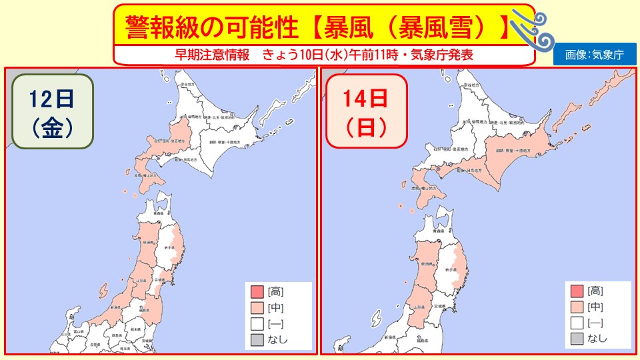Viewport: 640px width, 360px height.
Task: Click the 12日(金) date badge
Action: pos(51,113)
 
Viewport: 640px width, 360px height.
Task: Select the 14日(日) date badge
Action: pos(365,112)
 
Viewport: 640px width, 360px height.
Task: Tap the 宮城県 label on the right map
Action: pos(439,305)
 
